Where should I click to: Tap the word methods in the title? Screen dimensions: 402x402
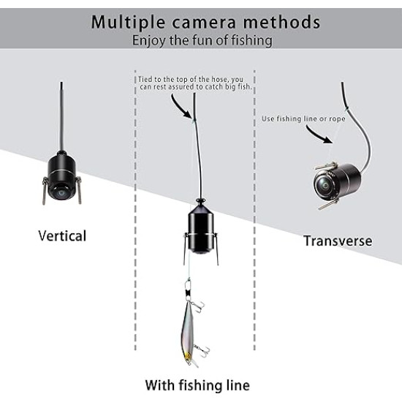(281, 22)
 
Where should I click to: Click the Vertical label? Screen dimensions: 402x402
(62, 235)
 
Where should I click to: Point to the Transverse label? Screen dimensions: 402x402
(338, 240)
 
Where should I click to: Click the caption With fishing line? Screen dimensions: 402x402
(197, 384)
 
